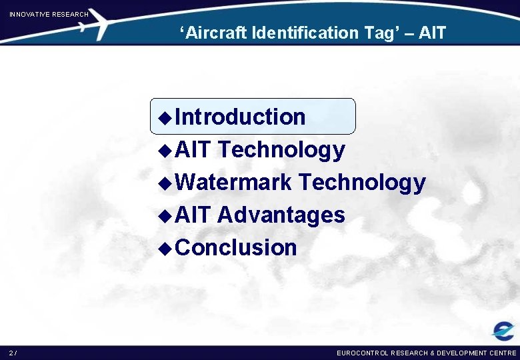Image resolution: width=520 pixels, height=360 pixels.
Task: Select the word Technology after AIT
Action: (x=281, y=150)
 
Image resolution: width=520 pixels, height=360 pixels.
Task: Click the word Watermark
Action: (x=234, y=182)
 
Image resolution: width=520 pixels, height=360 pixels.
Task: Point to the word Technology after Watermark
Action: (x=362, y=182)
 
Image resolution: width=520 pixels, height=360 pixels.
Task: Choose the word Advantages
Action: (x=281, y=215)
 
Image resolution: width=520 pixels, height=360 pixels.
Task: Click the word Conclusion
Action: (x=237, y=247)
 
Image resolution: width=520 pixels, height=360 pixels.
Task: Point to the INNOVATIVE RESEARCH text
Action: (x=48, y=14)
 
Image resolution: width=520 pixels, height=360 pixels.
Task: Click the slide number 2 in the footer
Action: (x=12, y=353)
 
